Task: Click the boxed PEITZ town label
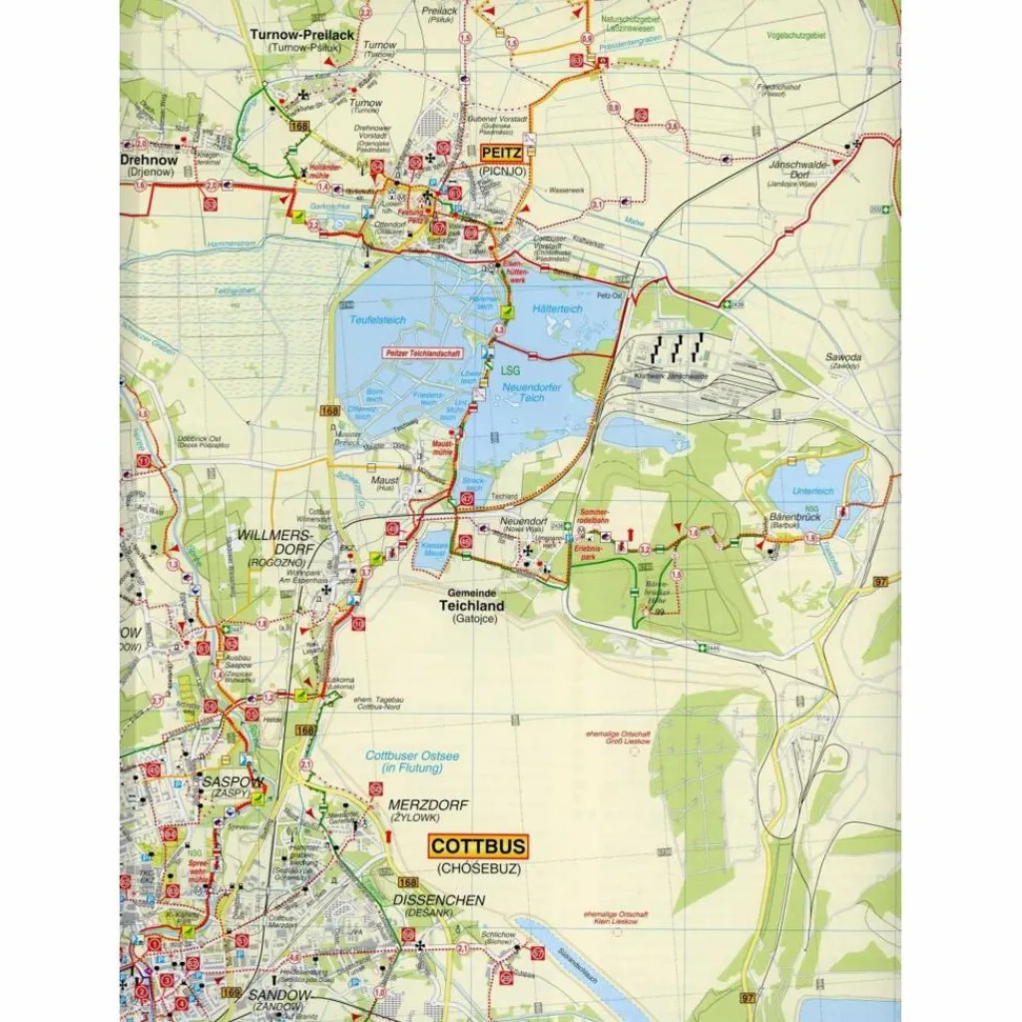point(501,154)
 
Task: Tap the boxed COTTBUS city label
point(478,846)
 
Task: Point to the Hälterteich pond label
point(557,310)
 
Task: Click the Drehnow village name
point(149,159)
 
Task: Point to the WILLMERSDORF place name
point(274,543)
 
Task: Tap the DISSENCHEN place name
point(438,899)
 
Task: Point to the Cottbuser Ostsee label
point(412,763)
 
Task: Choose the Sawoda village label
point(843,357)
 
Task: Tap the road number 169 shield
point(232,992)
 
